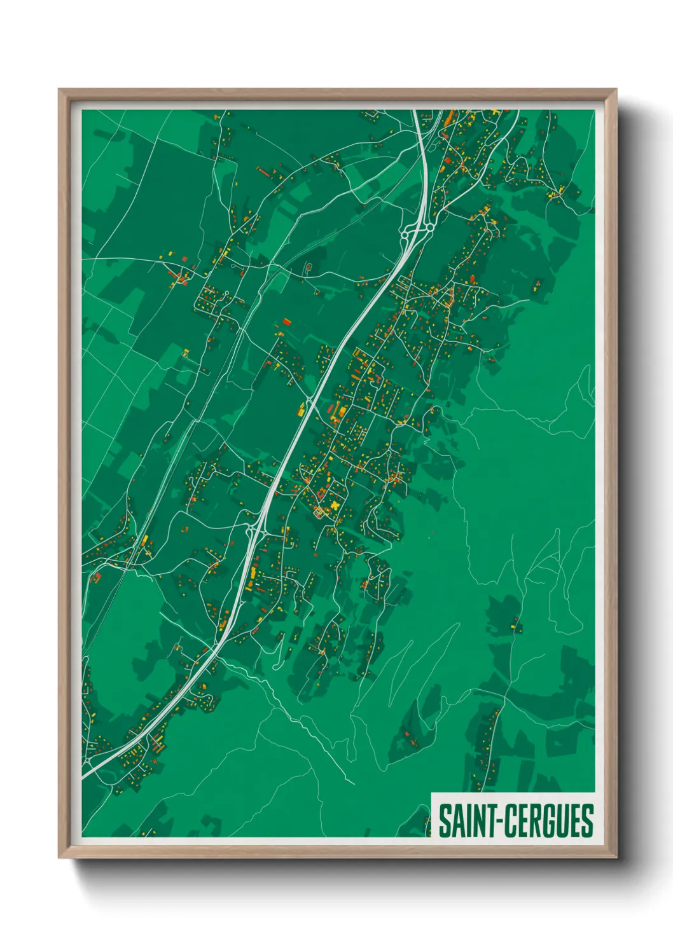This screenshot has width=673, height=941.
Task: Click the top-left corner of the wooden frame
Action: [x=60, y=90]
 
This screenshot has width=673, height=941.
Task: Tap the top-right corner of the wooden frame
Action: [x=615, y=90]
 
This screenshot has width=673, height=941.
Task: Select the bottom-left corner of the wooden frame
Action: [x=60, y=856]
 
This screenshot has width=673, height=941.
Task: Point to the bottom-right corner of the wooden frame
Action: [x=615, y=856]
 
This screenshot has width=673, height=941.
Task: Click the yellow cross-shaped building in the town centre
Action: [x=335, y=505]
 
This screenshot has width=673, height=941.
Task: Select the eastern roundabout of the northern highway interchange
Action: [x=429, y=226]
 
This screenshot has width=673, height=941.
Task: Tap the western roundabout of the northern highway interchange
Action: [x=405, y=235]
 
